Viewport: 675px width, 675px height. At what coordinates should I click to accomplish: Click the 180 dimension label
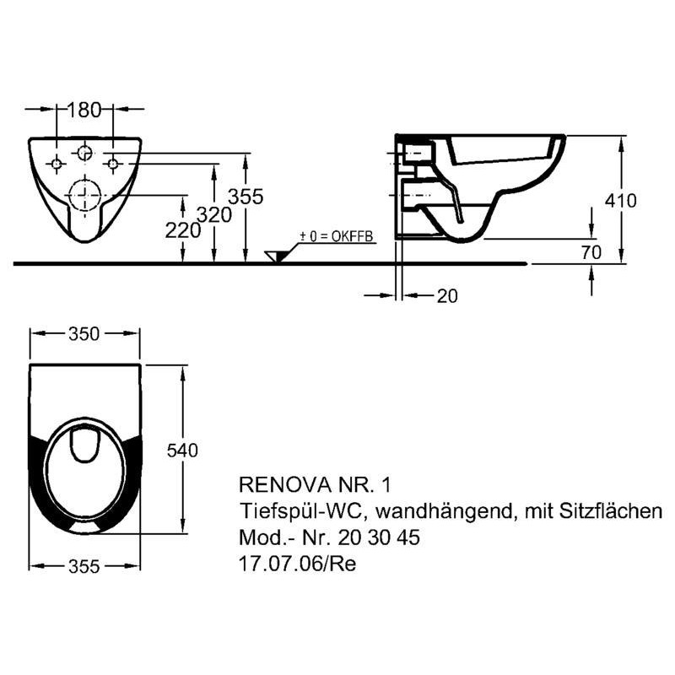(x=84, y=110)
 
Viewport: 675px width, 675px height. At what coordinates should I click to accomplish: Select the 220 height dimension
(x=183, y=230)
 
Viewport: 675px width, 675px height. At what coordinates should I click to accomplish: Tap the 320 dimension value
(x=214, y=214)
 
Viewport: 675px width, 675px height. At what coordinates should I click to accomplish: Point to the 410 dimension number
(x=620, y=201)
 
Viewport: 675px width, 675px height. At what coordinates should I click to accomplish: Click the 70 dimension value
(x=591, y=252)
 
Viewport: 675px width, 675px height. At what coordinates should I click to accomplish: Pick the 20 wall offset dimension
(x=447, y=296)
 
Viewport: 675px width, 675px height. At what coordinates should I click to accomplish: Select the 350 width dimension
(x=84, y=334)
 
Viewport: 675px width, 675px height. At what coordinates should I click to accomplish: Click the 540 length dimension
(x=182, y=451)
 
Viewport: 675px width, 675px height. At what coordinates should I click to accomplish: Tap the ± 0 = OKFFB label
(x=336, y=236)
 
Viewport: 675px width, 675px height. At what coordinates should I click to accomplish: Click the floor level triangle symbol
(x=273, y=256)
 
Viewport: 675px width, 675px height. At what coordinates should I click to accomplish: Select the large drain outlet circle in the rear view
(x=85, y=195)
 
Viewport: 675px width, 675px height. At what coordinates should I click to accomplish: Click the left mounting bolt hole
(x=57, y=164)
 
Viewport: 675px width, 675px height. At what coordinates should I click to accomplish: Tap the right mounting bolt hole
(x=113, y=164)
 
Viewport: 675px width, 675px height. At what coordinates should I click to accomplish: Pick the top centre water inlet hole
(x=84, y=153)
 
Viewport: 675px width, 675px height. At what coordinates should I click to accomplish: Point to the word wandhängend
(x=445, y=511)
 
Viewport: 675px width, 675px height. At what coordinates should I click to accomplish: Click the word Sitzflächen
(x=611, y=511)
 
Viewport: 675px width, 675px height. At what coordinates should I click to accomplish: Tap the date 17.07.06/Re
(x=298, y=564)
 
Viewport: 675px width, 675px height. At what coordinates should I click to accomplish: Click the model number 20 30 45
(x=379, y=537)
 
